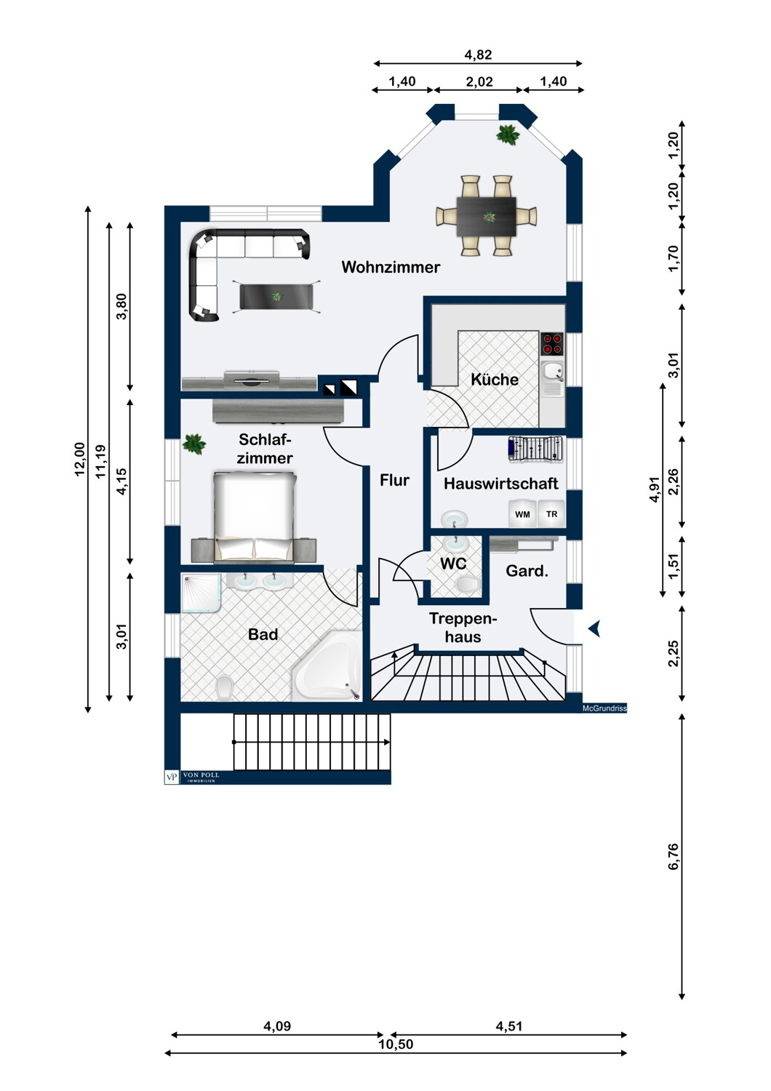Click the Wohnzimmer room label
(x=391, y=267)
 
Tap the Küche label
(x=495, y=380)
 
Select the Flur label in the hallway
(x=394, y=480)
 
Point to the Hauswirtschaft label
(x=500, y=484)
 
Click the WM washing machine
(x=522, y=513)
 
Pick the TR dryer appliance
(x=551, y=513)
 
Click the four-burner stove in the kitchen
(x=552, y=343)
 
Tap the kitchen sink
(x=552, y=379)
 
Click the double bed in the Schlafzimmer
(x=255, y=516)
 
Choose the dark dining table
(x=486, y=216)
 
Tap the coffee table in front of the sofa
(x=276, y=296)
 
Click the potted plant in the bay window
(x=508, y=135)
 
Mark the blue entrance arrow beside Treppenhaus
(x=595, y=629)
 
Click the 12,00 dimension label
(x=80, y=459)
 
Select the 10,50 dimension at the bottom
(x=396, y=1044)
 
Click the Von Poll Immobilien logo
(x=192, y=777)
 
